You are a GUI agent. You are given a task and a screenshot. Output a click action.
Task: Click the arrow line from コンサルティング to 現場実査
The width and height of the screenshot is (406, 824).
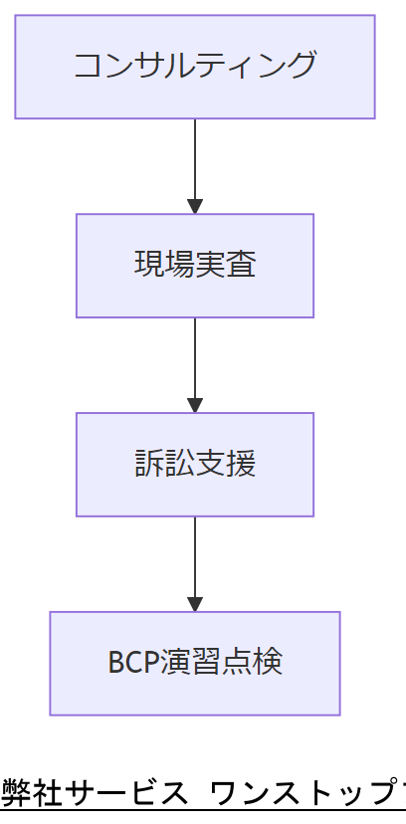[195, 159]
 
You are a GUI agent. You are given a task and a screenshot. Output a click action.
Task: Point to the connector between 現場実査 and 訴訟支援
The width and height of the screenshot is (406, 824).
[195, 358]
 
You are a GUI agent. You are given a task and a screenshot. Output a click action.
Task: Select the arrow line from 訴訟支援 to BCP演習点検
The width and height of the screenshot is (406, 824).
[195, 557]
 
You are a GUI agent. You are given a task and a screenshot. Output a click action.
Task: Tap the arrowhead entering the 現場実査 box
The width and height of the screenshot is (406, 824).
[195, 207]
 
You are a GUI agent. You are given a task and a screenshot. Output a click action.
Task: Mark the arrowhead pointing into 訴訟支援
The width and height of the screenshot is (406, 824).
[195, 406]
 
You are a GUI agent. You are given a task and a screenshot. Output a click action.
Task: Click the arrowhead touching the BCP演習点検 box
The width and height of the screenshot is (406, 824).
[195, 605]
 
